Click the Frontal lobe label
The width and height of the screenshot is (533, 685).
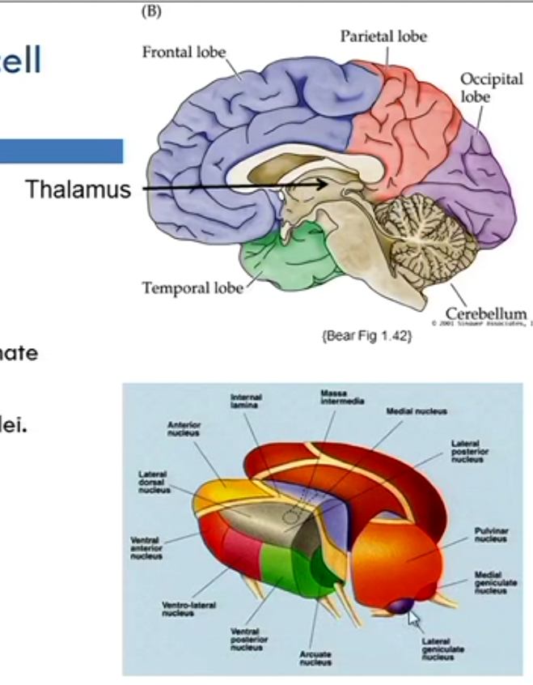click(x=184, y=53)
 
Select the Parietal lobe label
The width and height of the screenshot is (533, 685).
click(x=383, y=36)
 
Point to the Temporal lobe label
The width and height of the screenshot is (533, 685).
click(x=192, y=287)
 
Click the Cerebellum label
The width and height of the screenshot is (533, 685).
click(x=486, y=313)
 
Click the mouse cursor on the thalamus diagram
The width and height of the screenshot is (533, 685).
click(x=414, y=619)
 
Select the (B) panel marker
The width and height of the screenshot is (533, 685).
click(x=151, y=11)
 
